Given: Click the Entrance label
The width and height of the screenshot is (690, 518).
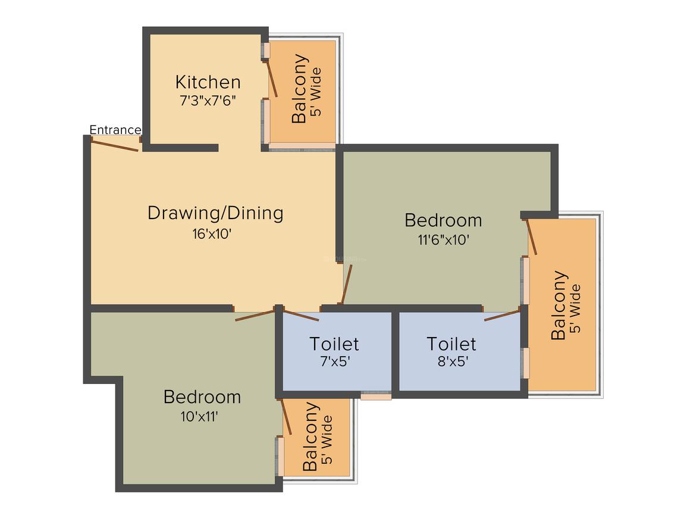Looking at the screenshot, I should click(115, 130).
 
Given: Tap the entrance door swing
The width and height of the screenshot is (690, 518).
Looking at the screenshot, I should click(115, 145).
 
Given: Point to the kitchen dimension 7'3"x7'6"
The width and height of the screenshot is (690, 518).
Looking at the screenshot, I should click(208, 100).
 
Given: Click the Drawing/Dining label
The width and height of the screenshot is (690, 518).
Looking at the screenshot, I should click(215, 213).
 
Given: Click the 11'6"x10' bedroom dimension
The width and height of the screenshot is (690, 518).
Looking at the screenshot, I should click(443, 240).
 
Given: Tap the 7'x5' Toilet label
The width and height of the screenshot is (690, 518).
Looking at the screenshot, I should click(334, 344).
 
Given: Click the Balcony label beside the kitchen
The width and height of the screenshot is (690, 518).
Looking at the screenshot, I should click(300, 89).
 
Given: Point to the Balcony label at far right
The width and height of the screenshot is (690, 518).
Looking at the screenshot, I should click(559, 305).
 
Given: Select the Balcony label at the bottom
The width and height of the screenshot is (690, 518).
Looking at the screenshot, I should click(310, 436).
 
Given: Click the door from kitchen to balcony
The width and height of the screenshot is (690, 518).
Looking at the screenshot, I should click(272, 78).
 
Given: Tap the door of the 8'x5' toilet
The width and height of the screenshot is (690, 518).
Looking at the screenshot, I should click(503, 315).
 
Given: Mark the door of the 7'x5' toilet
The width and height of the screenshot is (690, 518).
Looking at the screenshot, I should click(300, 315).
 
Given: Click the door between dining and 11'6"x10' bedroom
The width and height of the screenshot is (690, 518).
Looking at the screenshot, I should click(346, 285).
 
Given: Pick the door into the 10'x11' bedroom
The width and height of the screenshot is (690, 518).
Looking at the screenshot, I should click(255, 315).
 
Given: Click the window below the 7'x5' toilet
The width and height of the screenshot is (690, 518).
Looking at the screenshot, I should click(376, 395).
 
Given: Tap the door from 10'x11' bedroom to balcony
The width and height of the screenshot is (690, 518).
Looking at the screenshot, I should click(286, 416).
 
